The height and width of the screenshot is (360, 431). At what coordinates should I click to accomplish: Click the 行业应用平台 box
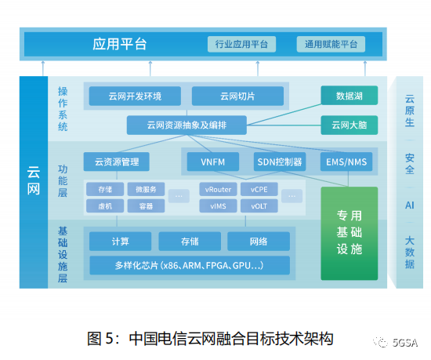click(241, 44)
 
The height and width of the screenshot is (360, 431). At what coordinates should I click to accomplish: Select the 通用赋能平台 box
click(331, 44)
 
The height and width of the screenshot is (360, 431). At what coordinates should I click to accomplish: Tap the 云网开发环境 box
click(135, 96)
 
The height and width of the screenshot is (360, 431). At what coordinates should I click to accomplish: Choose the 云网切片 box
click(237, 96)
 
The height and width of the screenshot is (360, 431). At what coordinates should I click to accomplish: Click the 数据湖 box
click(350, 96)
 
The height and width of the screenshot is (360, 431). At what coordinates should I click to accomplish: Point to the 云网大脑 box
click(350, 125)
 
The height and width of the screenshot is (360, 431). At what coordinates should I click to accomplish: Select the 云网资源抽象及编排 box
click(187, 125)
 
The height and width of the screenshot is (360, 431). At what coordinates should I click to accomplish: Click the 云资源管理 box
click(117, 162)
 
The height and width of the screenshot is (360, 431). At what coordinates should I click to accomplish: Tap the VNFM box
click(213, 162)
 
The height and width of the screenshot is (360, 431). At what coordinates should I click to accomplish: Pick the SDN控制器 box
click(280, 162)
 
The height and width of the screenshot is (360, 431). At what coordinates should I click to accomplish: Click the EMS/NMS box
click(346, 162)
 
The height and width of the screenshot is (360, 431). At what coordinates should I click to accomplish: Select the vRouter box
click(219, 189)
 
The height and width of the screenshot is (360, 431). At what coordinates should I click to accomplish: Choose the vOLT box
click(259, 205)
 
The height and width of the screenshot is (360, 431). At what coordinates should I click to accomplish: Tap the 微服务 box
click(146, 189)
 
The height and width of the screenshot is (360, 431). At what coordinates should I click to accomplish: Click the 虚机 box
click(105, 205)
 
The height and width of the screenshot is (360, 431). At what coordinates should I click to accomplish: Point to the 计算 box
click(121, 242)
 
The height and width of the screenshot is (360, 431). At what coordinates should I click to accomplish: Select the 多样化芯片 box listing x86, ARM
click(190, 265)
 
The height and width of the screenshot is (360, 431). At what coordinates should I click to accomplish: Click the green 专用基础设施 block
click(350, 234)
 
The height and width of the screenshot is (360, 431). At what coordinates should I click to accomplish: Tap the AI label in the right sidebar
click(410, 205)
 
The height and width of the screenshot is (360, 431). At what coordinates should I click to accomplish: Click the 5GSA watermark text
click(405, 343)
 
